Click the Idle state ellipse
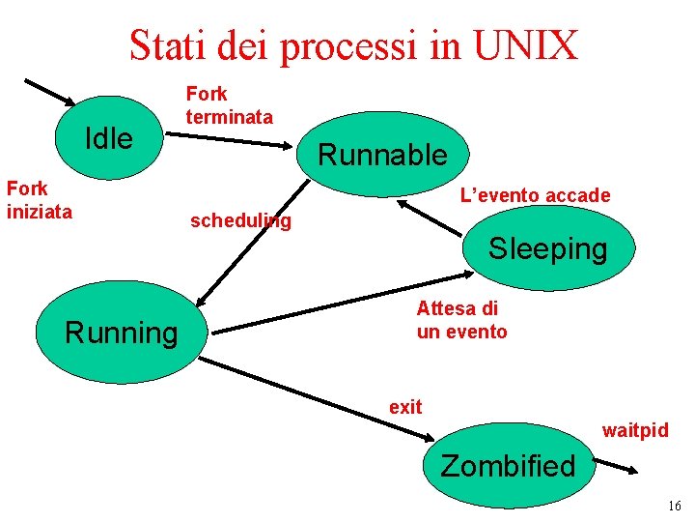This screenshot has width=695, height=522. [x=109, y=138]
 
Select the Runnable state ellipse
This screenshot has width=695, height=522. [x=383, y=154]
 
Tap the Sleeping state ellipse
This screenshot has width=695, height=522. [x=547, y=248]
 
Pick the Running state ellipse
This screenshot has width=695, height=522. [x=122, y=333]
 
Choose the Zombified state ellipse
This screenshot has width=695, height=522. [x=508, y=466]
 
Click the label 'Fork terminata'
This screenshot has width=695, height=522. [x=229, y=105]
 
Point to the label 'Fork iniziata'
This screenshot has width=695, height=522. [x=40, y=199]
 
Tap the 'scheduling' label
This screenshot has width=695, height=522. [x=240, y=221]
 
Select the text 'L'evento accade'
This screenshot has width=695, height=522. [x=535, y=195]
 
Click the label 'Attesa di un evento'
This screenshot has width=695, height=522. [x=461, y=320]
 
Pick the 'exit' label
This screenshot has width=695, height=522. [x=405, y=407]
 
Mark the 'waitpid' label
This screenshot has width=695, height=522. [x=635, y=430]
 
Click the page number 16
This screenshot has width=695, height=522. [x=674, y=507]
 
